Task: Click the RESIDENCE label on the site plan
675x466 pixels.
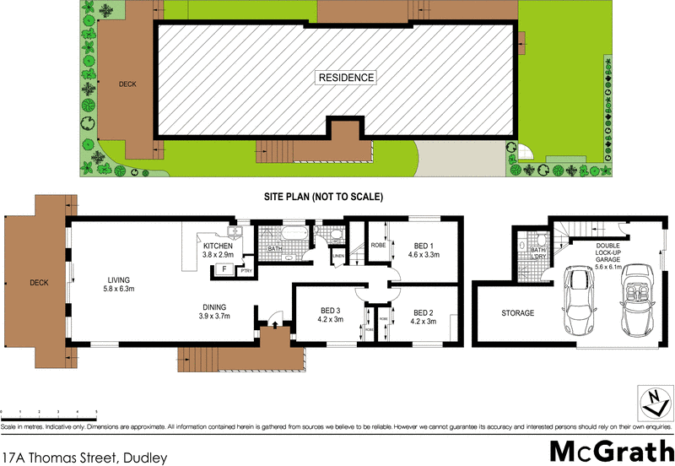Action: click(346, 78)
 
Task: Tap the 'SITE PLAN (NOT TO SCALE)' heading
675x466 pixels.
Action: click(325, 197)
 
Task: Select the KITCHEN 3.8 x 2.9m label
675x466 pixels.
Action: click(218, 250)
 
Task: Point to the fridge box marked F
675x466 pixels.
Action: click(224, 270)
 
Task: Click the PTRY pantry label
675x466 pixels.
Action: click(246, 271)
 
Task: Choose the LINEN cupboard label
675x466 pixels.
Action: click(338, 256)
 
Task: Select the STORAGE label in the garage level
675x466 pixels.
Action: click(517, 313)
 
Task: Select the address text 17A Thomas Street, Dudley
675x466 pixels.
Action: click(84, 458)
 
